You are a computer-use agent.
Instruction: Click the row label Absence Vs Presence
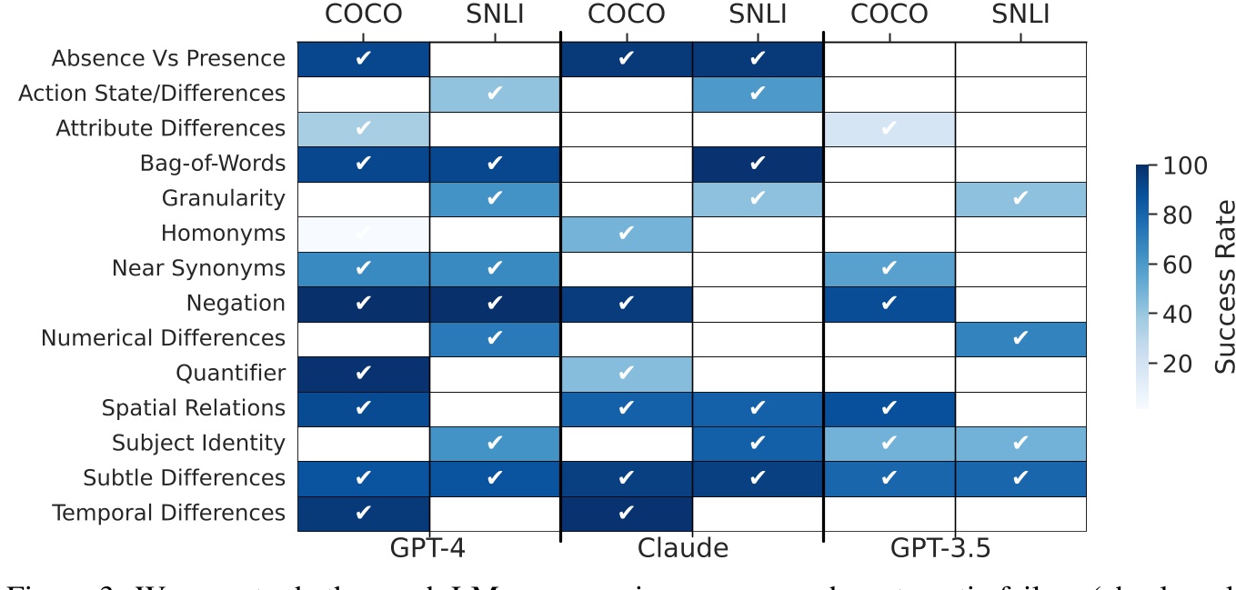[x=168, y=59]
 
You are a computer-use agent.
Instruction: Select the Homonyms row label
[x=223, y=234]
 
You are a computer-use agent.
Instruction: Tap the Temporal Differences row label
[x=168, y=514]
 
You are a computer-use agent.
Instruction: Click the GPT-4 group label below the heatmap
[x=428, y=549]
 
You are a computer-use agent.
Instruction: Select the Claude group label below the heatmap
[x=683, y=549]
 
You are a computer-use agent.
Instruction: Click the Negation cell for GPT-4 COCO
[x=363, y=304]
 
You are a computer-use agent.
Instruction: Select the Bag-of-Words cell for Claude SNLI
[x=757, y=164]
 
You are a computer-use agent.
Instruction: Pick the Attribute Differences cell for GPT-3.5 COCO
[x=889, y=129]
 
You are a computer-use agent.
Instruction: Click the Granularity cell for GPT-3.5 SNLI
[x=1020, y=199]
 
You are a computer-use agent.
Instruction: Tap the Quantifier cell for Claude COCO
[x=626, y=374]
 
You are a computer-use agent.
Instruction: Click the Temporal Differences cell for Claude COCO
[x=626, y=514]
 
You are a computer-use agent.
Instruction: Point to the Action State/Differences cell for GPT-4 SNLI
[x=494, y=94]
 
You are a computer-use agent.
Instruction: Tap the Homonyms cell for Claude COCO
[x=626, y=234]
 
